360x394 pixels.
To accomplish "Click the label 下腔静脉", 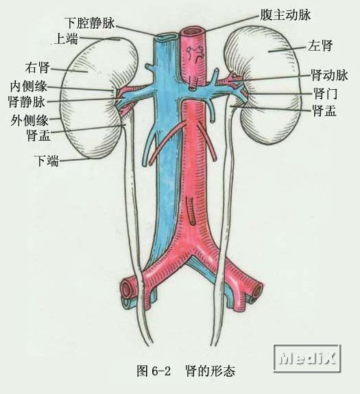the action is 91,23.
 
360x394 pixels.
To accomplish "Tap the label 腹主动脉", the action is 285,15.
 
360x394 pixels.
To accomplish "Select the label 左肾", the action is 321,46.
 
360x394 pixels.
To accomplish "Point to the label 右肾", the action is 38,67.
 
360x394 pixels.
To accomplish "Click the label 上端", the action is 67,39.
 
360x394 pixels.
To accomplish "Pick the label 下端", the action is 47,161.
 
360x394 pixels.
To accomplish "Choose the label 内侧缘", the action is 28,86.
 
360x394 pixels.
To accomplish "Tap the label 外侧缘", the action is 29,121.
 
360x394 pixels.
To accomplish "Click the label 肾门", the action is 325,93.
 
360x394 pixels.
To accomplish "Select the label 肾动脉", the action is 329,75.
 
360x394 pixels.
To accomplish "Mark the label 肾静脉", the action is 27,102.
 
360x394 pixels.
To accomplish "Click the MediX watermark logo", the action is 307,358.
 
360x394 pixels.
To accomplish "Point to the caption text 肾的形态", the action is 211,371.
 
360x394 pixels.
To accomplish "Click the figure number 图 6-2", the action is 154,371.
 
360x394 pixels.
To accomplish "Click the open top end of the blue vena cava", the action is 167,37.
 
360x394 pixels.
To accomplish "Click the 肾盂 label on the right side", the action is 324,111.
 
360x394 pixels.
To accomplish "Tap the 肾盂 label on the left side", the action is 38,135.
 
